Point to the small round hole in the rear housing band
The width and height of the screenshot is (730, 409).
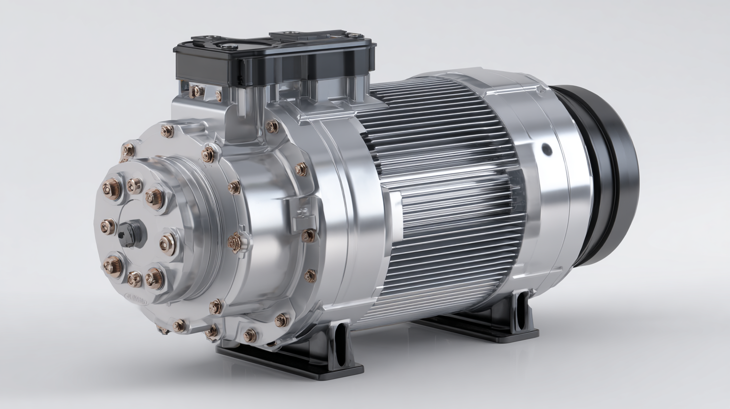point(546,149)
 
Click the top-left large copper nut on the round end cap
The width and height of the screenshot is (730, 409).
point(111,189)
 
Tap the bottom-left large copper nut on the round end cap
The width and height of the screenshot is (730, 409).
point(112,266)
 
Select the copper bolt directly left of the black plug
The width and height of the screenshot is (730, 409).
point(107,227)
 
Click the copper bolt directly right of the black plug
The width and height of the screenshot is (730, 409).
point(167,244)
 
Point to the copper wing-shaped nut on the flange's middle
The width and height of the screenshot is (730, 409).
point(235,243)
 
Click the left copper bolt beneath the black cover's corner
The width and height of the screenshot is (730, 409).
point(196,91)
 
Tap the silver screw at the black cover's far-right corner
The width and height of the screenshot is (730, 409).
point(355,36)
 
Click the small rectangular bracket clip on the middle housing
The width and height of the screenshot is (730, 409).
point(304,216)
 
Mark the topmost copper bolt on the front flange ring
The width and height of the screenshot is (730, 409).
point(167,131)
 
